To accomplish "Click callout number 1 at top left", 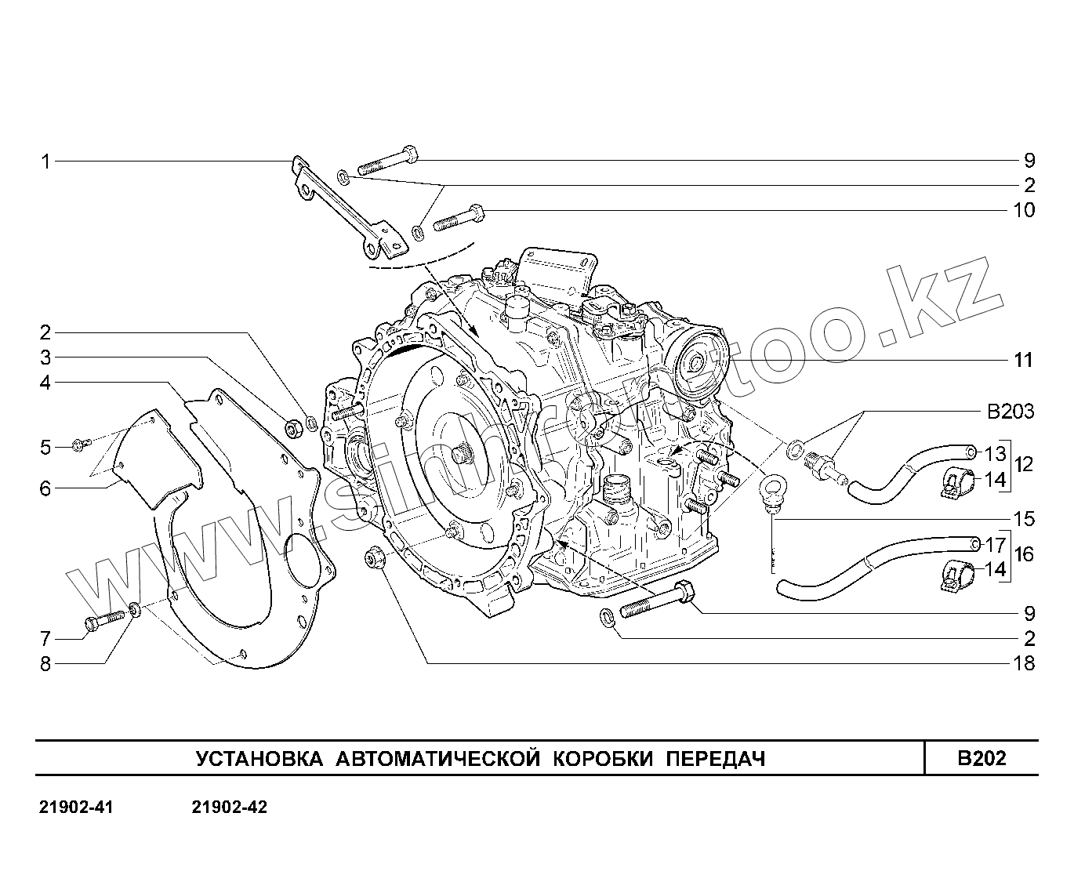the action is (x=45, y=162).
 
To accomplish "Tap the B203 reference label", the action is (x=1009, y=412).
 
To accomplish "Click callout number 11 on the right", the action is (x=1024, y=361).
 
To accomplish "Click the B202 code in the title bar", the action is (x=981, y=758).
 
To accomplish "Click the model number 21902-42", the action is (x=229, y=807).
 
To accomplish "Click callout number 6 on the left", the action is (x=45, y=488).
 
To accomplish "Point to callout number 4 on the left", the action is (x=45, y=383).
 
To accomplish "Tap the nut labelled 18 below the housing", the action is (x=373, y=559).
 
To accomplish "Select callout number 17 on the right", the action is (x=995, y=543).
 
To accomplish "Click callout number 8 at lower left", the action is (x=45, y=664).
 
